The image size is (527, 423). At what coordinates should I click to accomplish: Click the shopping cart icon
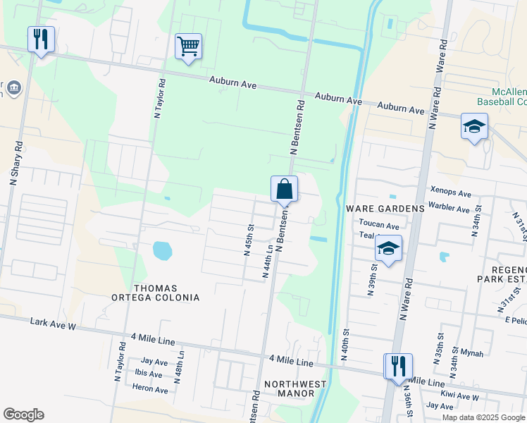[188, 47]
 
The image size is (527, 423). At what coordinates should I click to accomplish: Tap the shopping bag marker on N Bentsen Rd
[284, 189]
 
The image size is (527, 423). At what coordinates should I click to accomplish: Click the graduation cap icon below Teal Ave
[387, 249]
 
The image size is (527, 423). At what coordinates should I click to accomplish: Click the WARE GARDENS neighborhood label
[385, 209]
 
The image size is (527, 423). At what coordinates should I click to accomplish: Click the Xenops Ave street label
[450, 193]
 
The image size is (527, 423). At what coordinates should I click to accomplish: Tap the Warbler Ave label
[449, 209]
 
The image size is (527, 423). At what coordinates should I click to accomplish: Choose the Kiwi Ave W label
[459, 396]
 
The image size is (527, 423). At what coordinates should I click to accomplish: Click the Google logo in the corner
[23, 415]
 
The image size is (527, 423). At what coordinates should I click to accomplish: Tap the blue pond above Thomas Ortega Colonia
[161, 250]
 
